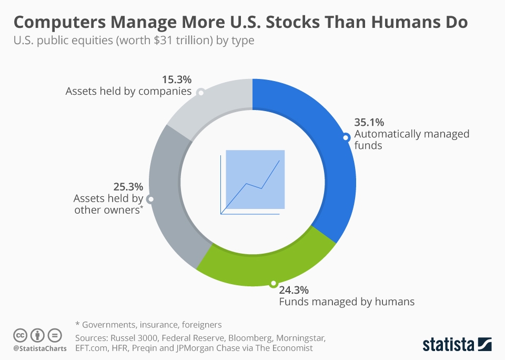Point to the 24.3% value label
click(x=294, y=290)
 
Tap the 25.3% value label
click(x=128, y=187)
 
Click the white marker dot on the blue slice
click(x=346, y=138)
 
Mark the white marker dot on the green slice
click(x=272, y=284)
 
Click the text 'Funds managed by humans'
click(x=346, y=302)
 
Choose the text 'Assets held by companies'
click(x=128, y=91)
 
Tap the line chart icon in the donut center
click(x=252, y=182)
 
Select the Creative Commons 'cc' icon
click(x=20, y=335)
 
